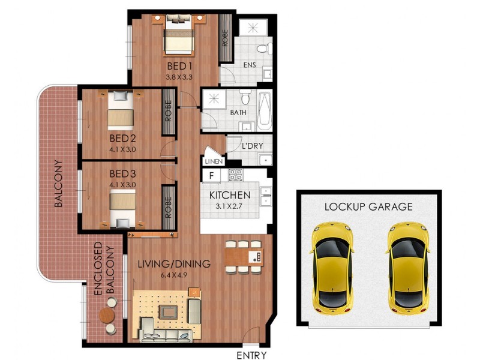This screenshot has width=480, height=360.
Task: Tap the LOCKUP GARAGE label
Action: click(368, 207)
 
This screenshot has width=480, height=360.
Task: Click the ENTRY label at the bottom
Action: click(251, 355)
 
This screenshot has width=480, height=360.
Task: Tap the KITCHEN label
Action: click(229, 195)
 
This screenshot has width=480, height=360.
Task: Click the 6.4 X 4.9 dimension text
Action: click(173, 275)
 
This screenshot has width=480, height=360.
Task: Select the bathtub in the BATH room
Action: click(265, 111)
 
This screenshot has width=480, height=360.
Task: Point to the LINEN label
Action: click(214, 161)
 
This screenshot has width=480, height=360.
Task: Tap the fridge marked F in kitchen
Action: click(211, 176)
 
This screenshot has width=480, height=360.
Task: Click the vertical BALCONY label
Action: click(59, 184)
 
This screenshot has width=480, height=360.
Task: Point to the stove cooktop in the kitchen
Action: click(235, 176)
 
